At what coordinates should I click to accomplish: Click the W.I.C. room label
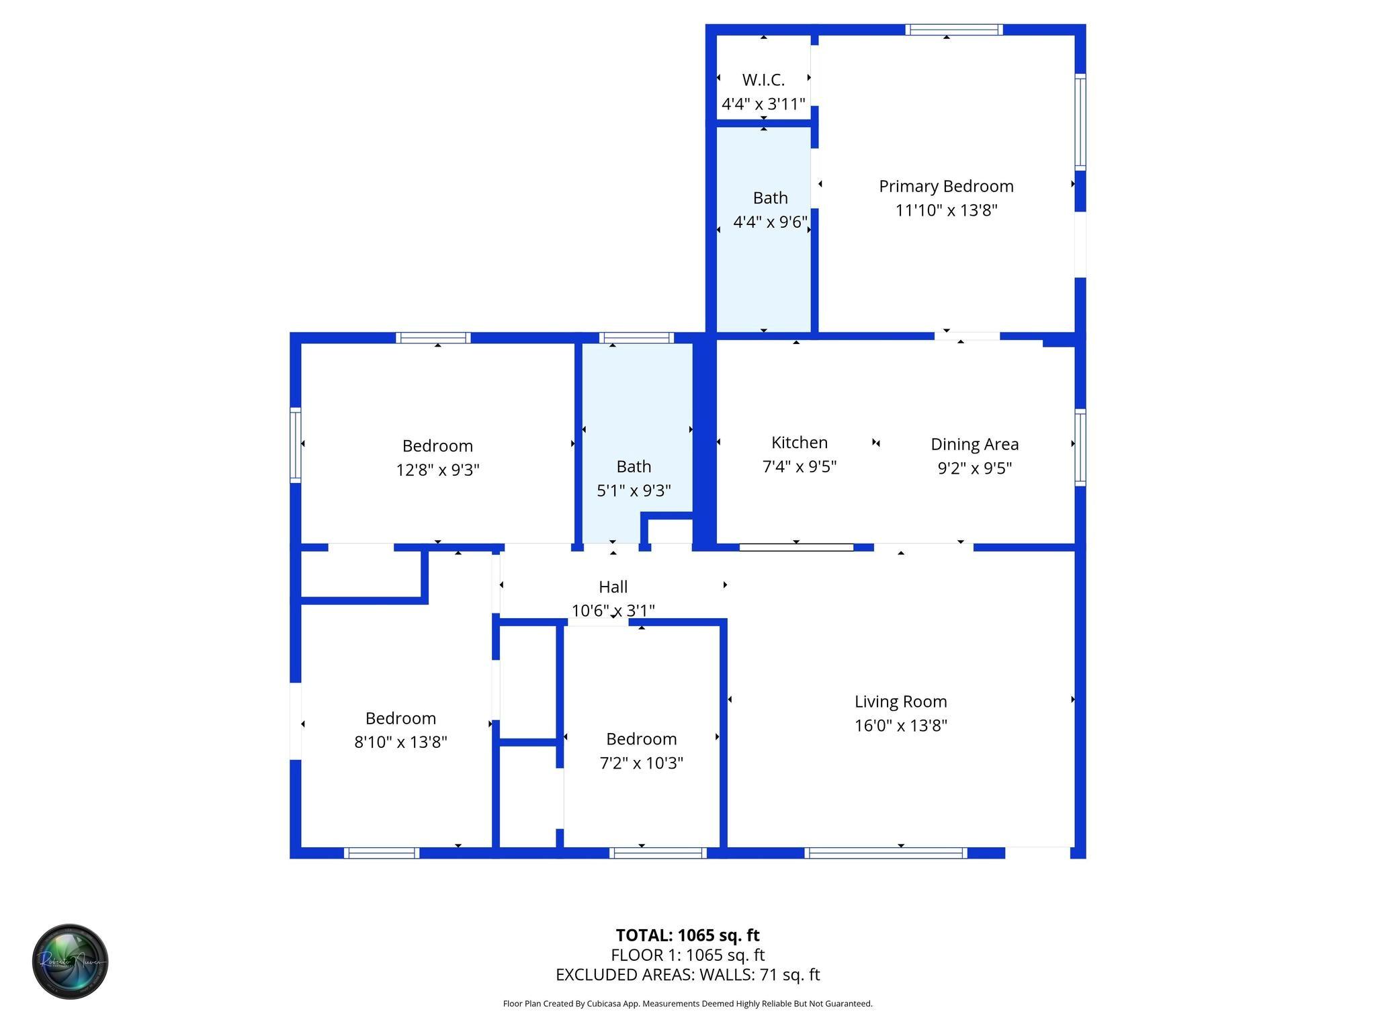tap(763, 80)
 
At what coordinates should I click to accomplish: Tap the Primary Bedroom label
tap(946, 186)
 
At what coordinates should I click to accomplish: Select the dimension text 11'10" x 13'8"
tap(946, 210)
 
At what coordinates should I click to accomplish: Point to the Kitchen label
tap(799, 443)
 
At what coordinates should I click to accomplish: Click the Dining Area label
tap(974, 444)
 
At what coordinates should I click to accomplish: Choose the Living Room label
tap(900, 701)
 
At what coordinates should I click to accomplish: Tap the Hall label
tap(613, 587)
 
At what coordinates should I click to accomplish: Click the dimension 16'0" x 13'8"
tap(900, 726)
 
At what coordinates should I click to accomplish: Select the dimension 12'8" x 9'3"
tap(437, 470)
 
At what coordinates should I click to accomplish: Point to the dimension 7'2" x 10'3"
tap(641, 763)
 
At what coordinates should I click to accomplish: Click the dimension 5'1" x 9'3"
tap(634, 490)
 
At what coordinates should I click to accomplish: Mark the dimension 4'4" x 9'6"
tap(770, 222)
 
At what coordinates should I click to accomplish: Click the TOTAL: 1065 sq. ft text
tap(687, 935)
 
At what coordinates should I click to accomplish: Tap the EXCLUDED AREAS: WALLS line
tap(687, 975)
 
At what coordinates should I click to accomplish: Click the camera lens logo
tap(71, 961)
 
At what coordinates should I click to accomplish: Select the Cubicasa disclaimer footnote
tap(687, 1004)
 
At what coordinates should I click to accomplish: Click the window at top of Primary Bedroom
tap(953, 30)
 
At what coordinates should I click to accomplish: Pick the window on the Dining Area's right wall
tap(1080, 447)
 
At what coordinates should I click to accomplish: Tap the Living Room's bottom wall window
tap(886, 853)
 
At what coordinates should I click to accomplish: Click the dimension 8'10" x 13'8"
tap(400, 742)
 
